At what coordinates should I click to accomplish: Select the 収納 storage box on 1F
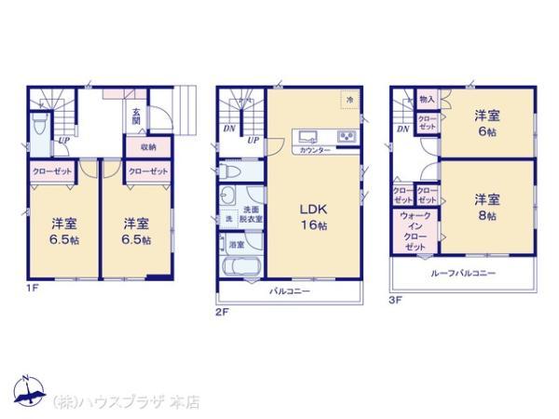pyautogui.click(x=148, y=147)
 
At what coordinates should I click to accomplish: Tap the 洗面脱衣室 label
pyautogui.click(x=252, y=213)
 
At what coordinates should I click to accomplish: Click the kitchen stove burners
pyautogui.click(x=348, y=137)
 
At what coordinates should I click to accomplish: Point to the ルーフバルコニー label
pyautogui.click(x=463, y=273)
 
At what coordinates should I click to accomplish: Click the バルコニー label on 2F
pyautogui.click(x=290, y=291)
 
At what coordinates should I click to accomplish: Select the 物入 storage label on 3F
pyautogui.click(x=427, y=99)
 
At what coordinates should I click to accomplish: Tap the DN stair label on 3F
pyautogui.click(x=402, y=128)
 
